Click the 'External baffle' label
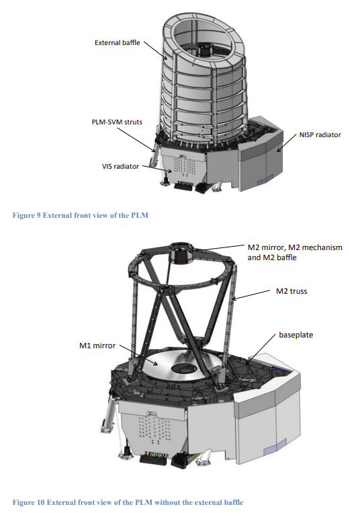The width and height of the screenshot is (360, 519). tap(117, 43)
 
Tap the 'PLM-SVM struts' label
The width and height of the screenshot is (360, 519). tap(117, 122)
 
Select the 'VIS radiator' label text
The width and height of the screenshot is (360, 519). tap(120, 166)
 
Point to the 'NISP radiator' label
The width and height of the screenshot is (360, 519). tap(320, 134)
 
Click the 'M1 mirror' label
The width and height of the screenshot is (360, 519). tap(97, 346)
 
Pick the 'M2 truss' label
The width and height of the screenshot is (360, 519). tap(291, 291)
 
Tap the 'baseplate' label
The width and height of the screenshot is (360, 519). tap(296, 335)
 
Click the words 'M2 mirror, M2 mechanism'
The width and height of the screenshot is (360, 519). tap(295, 247)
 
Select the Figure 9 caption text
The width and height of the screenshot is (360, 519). tap(81, 215)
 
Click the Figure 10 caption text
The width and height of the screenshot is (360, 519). tap(128, 502)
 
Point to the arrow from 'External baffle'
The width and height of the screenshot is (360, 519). tap(156, 51)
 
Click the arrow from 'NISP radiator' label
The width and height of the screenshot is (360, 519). tap(286, 143)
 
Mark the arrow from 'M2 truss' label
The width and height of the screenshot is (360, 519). tap(251, 295)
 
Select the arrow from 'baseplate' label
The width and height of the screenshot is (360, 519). tap(261, 349)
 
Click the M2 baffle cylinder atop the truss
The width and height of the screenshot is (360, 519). tap(181, 253)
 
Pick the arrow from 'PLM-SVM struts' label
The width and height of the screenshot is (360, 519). tap(136, 140)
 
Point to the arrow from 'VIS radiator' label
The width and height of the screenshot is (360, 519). tap(157, 169)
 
